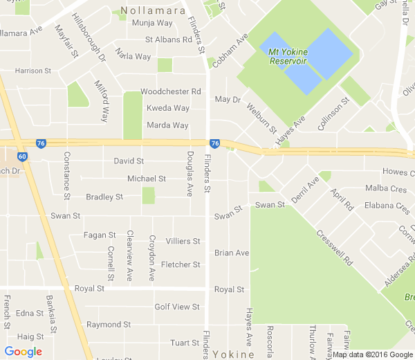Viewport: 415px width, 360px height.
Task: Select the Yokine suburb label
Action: (234, 354)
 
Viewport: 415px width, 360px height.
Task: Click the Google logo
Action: (23, 352)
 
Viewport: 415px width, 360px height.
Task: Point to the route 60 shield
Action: (23, 157)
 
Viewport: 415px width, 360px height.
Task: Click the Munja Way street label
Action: (151, 24)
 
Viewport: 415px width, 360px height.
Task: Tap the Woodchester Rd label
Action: (170, 91)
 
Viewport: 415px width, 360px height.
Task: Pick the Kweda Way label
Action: (167, 108)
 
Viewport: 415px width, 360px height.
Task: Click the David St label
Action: (129, 161)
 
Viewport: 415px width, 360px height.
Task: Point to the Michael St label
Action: (146, 179)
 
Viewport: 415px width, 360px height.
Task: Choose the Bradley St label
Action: (104, 197)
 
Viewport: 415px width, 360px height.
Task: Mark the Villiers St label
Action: (183, 242)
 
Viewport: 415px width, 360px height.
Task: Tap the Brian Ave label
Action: (231, 253)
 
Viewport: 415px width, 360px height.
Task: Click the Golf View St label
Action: (176, 307)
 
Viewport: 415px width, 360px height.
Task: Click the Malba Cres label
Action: (387, 189)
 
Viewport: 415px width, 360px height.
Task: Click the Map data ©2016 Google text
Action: (372, 354)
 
